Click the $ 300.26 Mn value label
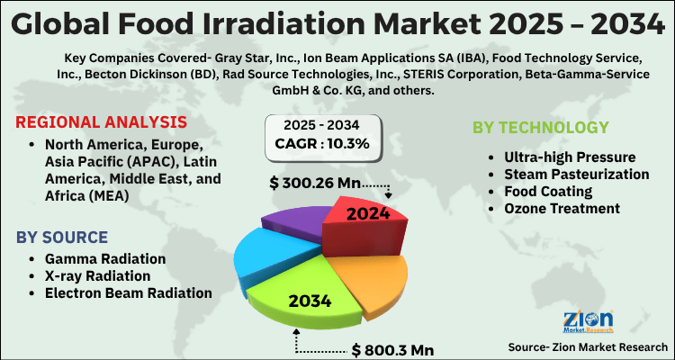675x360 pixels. click(x=315, y=184)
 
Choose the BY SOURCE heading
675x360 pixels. click(x=62, y=238)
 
